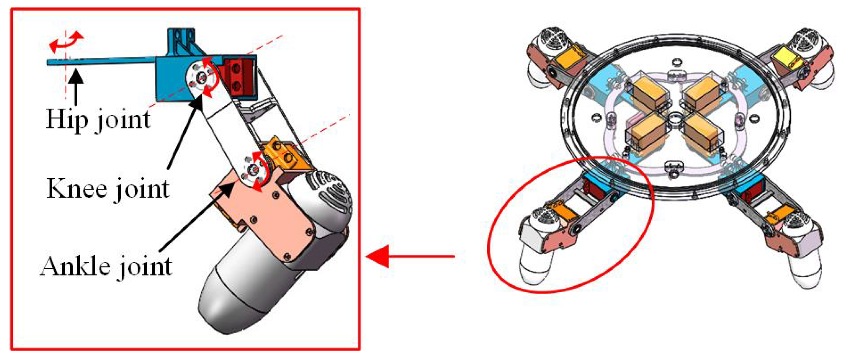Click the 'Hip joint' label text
tap(98, 119)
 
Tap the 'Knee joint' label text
tap(108, 189)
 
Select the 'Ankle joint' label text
tap(106, 266)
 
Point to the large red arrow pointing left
tap(410, 256)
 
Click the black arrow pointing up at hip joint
tap(76, 88)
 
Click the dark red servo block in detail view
tap(240, 76)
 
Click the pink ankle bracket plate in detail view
tap(263, 220)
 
